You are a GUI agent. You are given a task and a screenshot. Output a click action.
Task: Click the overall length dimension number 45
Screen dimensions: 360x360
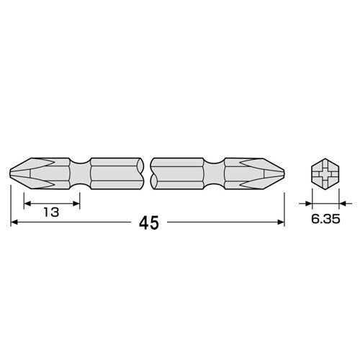148,223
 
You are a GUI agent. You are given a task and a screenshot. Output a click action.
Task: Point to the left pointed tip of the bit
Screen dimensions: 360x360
13,173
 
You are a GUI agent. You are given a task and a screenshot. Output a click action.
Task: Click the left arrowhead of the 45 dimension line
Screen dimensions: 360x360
14,223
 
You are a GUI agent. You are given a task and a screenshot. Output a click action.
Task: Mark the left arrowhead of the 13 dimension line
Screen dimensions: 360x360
27,203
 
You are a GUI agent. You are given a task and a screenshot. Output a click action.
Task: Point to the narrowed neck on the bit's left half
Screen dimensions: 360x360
81,173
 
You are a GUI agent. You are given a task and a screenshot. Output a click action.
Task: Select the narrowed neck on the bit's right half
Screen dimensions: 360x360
214,173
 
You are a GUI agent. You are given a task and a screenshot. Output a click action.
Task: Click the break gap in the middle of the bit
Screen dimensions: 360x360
148,173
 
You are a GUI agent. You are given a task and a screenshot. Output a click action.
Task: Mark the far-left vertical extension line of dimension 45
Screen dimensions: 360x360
11,205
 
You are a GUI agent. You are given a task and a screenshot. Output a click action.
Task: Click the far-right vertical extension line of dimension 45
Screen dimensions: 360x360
284,205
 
